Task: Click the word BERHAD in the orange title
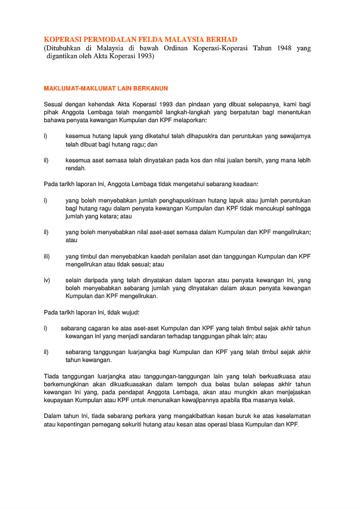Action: point(218,39)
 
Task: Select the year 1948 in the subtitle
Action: point(285,49)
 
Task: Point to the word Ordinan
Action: point(177,49)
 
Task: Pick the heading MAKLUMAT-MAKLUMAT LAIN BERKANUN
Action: point(106,88)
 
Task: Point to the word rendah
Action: point(75,168)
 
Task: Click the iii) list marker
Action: point(47,256)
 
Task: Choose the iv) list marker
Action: point(47,280)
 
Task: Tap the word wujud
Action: point(130,312)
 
